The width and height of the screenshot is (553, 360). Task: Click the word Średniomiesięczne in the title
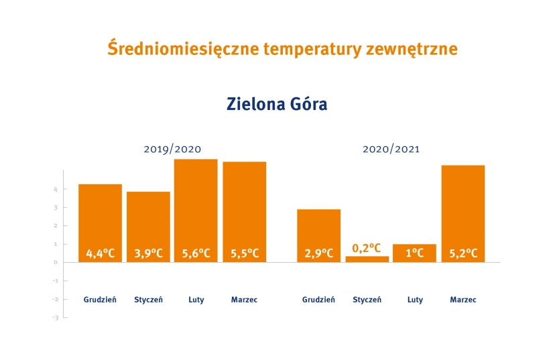coord(183,48)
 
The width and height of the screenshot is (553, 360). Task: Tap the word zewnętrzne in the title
coord(412,50)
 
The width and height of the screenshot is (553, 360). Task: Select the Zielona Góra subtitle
coord(277,104)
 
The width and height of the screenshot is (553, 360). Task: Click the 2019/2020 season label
coord(172,149)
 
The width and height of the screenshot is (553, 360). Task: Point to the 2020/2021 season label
coord(391,149)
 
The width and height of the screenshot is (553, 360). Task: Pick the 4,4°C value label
coord(100,253)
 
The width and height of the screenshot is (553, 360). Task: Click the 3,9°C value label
coord(149,253)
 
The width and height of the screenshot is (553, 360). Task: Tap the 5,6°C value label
coord(196,253)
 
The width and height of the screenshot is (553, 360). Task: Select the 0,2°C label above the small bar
coord(367,248)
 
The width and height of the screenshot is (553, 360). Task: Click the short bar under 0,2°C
coord(367,259)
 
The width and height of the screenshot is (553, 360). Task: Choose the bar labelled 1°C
coord(415,253)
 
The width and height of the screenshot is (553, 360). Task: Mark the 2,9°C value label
coord(319,253)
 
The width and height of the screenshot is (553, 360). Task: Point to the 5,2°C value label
coord(463,253)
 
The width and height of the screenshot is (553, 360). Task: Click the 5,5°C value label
coord(245,253)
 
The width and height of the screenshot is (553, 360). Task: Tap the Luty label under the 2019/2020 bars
coord(196,300)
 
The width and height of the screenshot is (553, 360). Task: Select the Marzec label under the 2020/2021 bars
coord(463,300)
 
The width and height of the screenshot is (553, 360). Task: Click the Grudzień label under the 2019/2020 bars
coord(100,300)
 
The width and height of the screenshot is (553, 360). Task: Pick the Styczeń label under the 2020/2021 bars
coord(367,300)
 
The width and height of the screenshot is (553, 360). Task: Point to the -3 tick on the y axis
coord(56,318)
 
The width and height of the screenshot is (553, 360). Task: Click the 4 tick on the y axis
coord(56,189)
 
